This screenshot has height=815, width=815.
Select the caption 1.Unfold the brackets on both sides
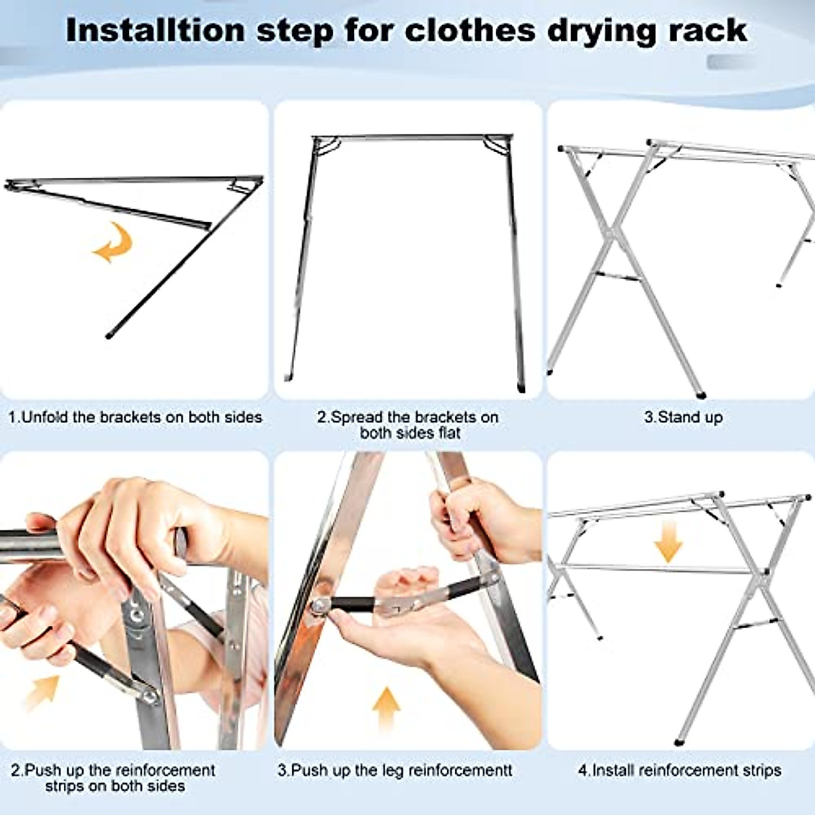pos(134,417)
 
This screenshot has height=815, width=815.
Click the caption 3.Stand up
pos(683,417)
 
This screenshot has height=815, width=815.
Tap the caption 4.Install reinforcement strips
pos(679,770)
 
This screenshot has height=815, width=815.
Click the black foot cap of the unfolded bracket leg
pos(109,335)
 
